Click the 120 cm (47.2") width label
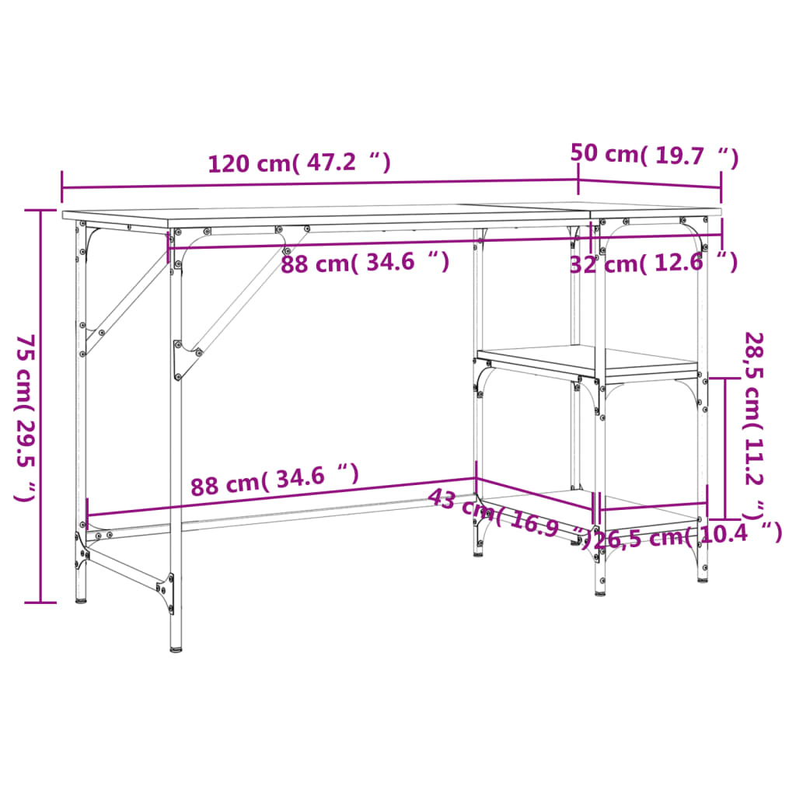tap(298, 163)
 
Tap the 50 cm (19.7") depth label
tap(654, 155)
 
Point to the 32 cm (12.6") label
tap(653, 264)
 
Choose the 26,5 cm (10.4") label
tap(688, 535)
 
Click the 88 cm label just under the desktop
tap(365, 263)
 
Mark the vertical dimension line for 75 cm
tap(40, 404)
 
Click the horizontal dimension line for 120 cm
tap(319, 183)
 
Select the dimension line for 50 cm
tap(650, 185)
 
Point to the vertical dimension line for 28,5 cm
tap(725, 449)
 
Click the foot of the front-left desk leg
tap(176, 644)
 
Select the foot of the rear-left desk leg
tap(81, 596)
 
